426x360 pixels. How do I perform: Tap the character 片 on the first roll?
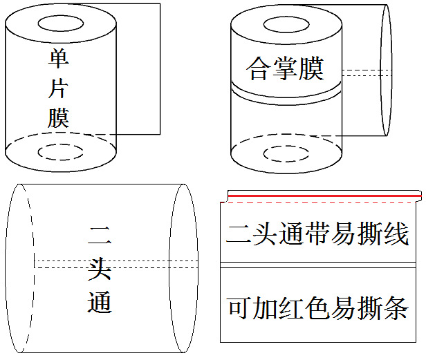[59, 89]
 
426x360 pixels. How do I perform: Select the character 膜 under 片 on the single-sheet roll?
[59, 118]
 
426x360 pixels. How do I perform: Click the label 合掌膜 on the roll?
[285, 69]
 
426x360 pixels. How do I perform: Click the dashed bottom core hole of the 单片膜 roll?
[61, 151]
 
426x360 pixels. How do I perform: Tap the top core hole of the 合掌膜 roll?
[286, 24]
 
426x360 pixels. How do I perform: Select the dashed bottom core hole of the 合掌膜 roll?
[286, 151]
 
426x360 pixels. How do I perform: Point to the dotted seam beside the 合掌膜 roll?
[367, 72]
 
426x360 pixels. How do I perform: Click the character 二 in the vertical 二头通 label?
[100, 238]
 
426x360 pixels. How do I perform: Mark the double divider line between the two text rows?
[319, 265]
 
